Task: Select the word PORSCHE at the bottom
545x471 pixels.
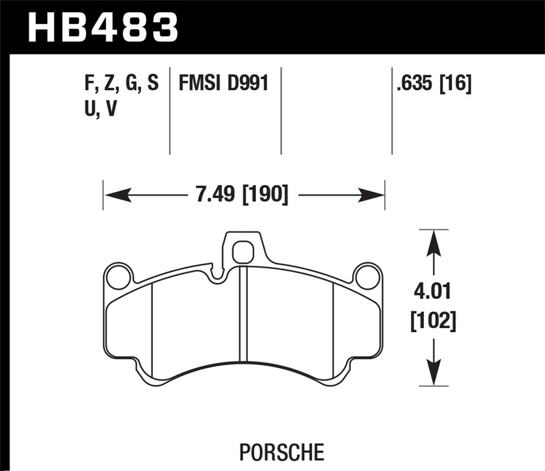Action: [x=281, y=452]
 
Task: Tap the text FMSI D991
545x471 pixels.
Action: [x=223, y=84]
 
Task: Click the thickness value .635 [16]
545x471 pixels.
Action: [x=434, y=84]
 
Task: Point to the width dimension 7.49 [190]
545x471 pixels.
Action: [x=242, y=195]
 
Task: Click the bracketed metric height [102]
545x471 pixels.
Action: [x=433, y=321]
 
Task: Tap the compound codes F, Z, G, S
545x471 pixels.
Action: [x=121, y=84]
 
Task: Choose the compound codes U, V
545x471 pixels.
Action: [x=100, y=109]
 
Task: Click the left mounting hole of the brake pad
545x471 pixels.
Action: [x=118, y=276]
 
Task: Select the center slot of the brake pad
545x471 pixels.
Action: [x=243, y=314]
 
